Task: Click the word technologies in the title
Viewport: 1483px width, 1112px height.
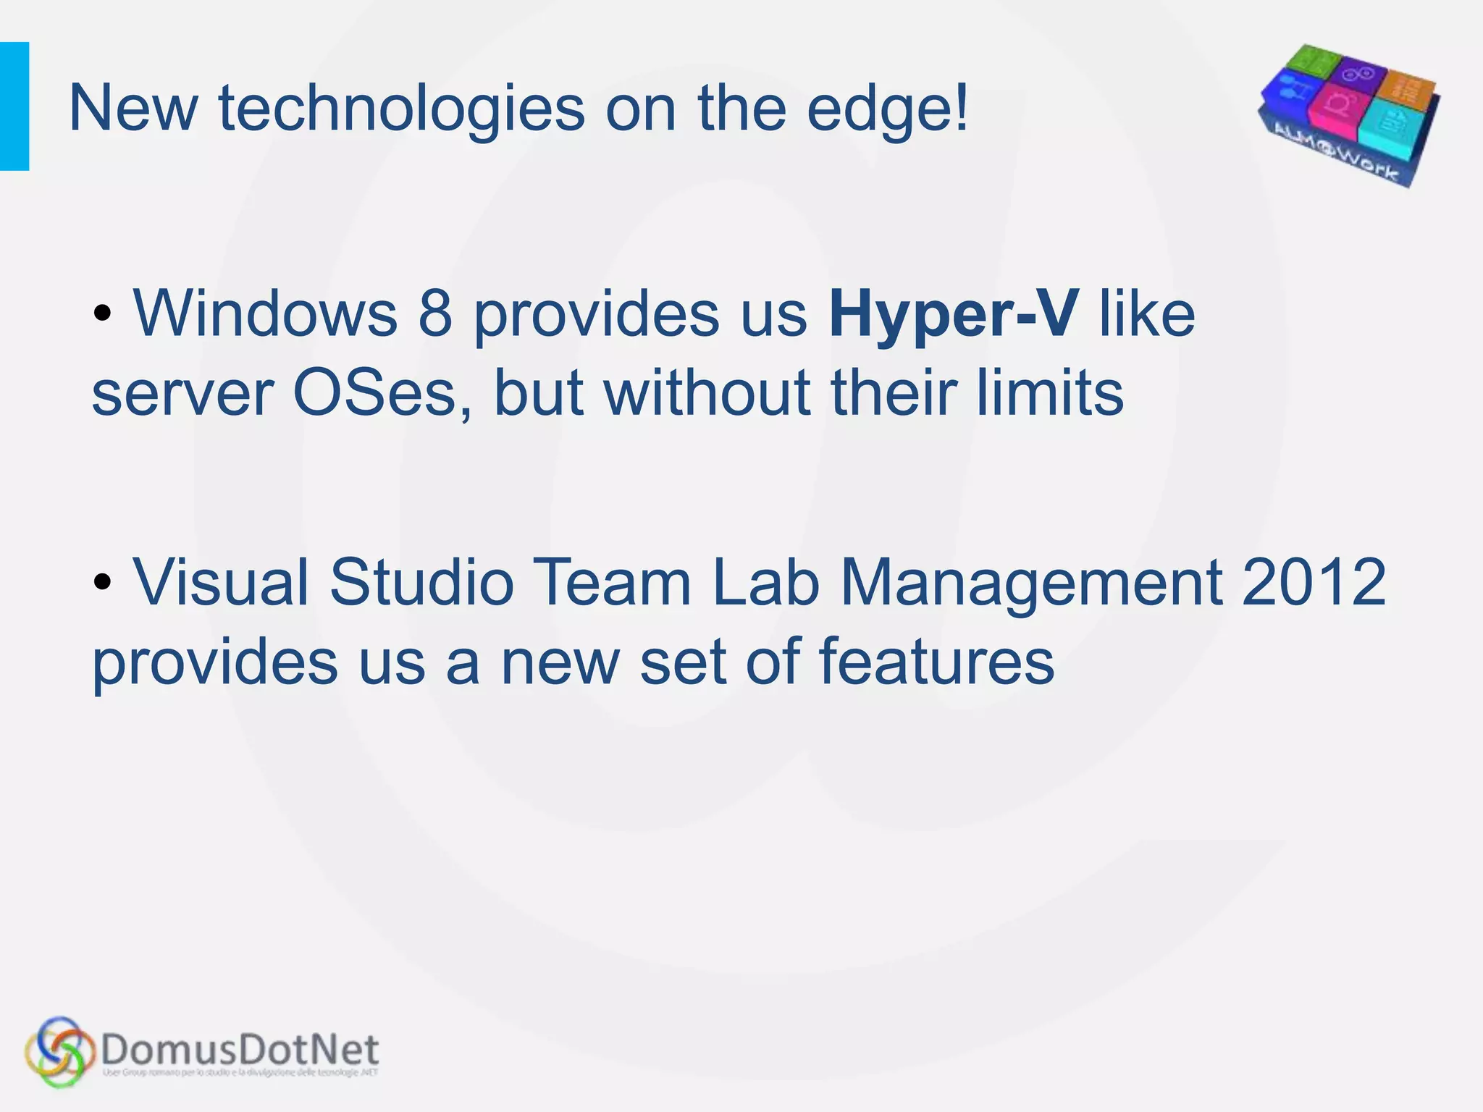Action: [401, 109]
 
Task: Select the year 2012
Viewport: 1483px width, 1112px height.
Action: [1314, 583]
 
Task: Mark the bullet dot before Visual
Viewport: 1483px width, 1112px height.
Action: [103, 583]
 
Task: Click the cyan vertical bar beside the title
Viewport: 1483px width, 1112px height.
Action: [14, 106]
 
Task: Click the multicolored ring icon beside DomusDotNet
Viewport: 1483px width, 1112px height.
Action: [59, 1052]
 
